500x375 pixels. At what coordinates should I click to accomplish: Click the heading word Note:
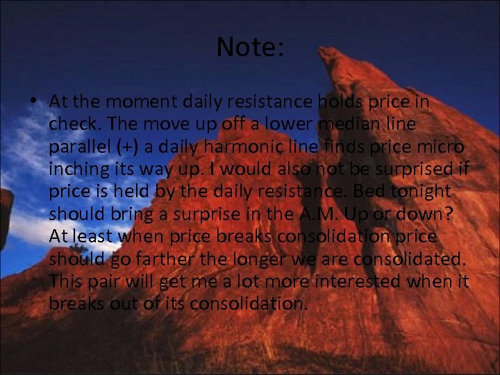[250, 47]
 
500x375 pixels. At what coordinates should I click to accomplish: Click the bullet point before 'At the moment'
[34, 101]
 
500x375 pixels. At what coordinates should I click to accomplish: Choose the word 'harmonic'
[222, 147]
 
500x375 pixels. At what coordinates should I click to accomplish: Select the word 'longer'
[269, 259]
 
